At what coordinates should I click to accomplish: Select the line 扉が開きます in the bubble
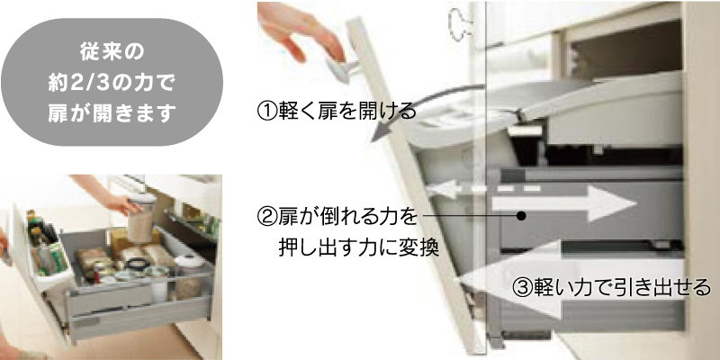112,113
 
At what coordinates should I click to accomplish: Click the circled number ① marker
267,112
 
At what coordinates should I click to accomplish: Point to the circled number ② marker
267,216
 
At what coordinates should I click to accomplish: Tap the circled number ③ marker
522,288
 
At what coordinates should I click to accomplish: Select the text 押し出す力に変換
358,248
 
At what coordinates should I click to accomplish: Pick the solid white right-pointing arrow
564,204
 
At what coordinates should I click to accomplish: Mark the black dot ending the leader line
520,215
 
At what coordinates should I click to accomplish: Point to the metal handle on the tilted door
343,70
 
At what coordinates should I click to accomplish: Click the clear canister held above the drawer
141,217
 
